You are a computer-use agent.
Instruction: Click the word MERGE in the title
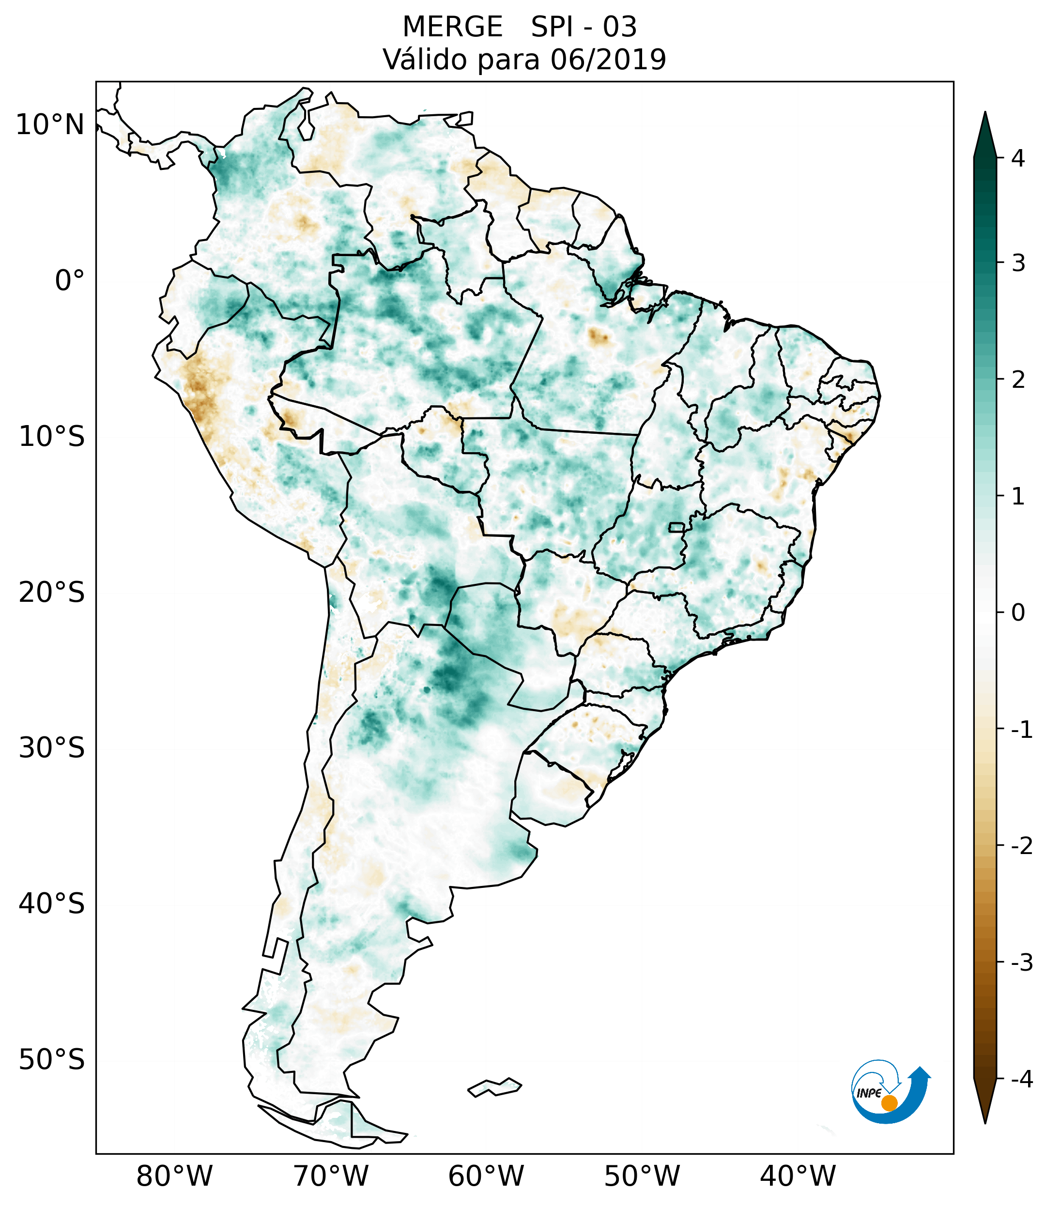pyautogui.click(x=453, y=27)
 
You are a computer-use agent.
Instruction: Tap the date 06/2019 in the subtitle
pyautogui.click(x=608, y=60)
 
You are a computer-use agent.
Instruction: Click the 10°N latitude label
pyautogui.click(x=50, y=125)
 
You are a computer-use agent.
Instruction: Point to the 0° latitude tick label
pyautogui.click(x=70, y=281)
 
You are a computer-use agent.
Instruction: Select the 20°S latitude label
pyautogui.click(x=52, y=593)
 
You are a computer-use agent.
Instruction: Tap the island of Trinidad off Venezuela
pyautogui.click(x=465, y=119)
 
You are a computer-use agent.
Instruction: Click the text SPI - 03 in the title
pyautogui.click(x=584, y=27)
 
